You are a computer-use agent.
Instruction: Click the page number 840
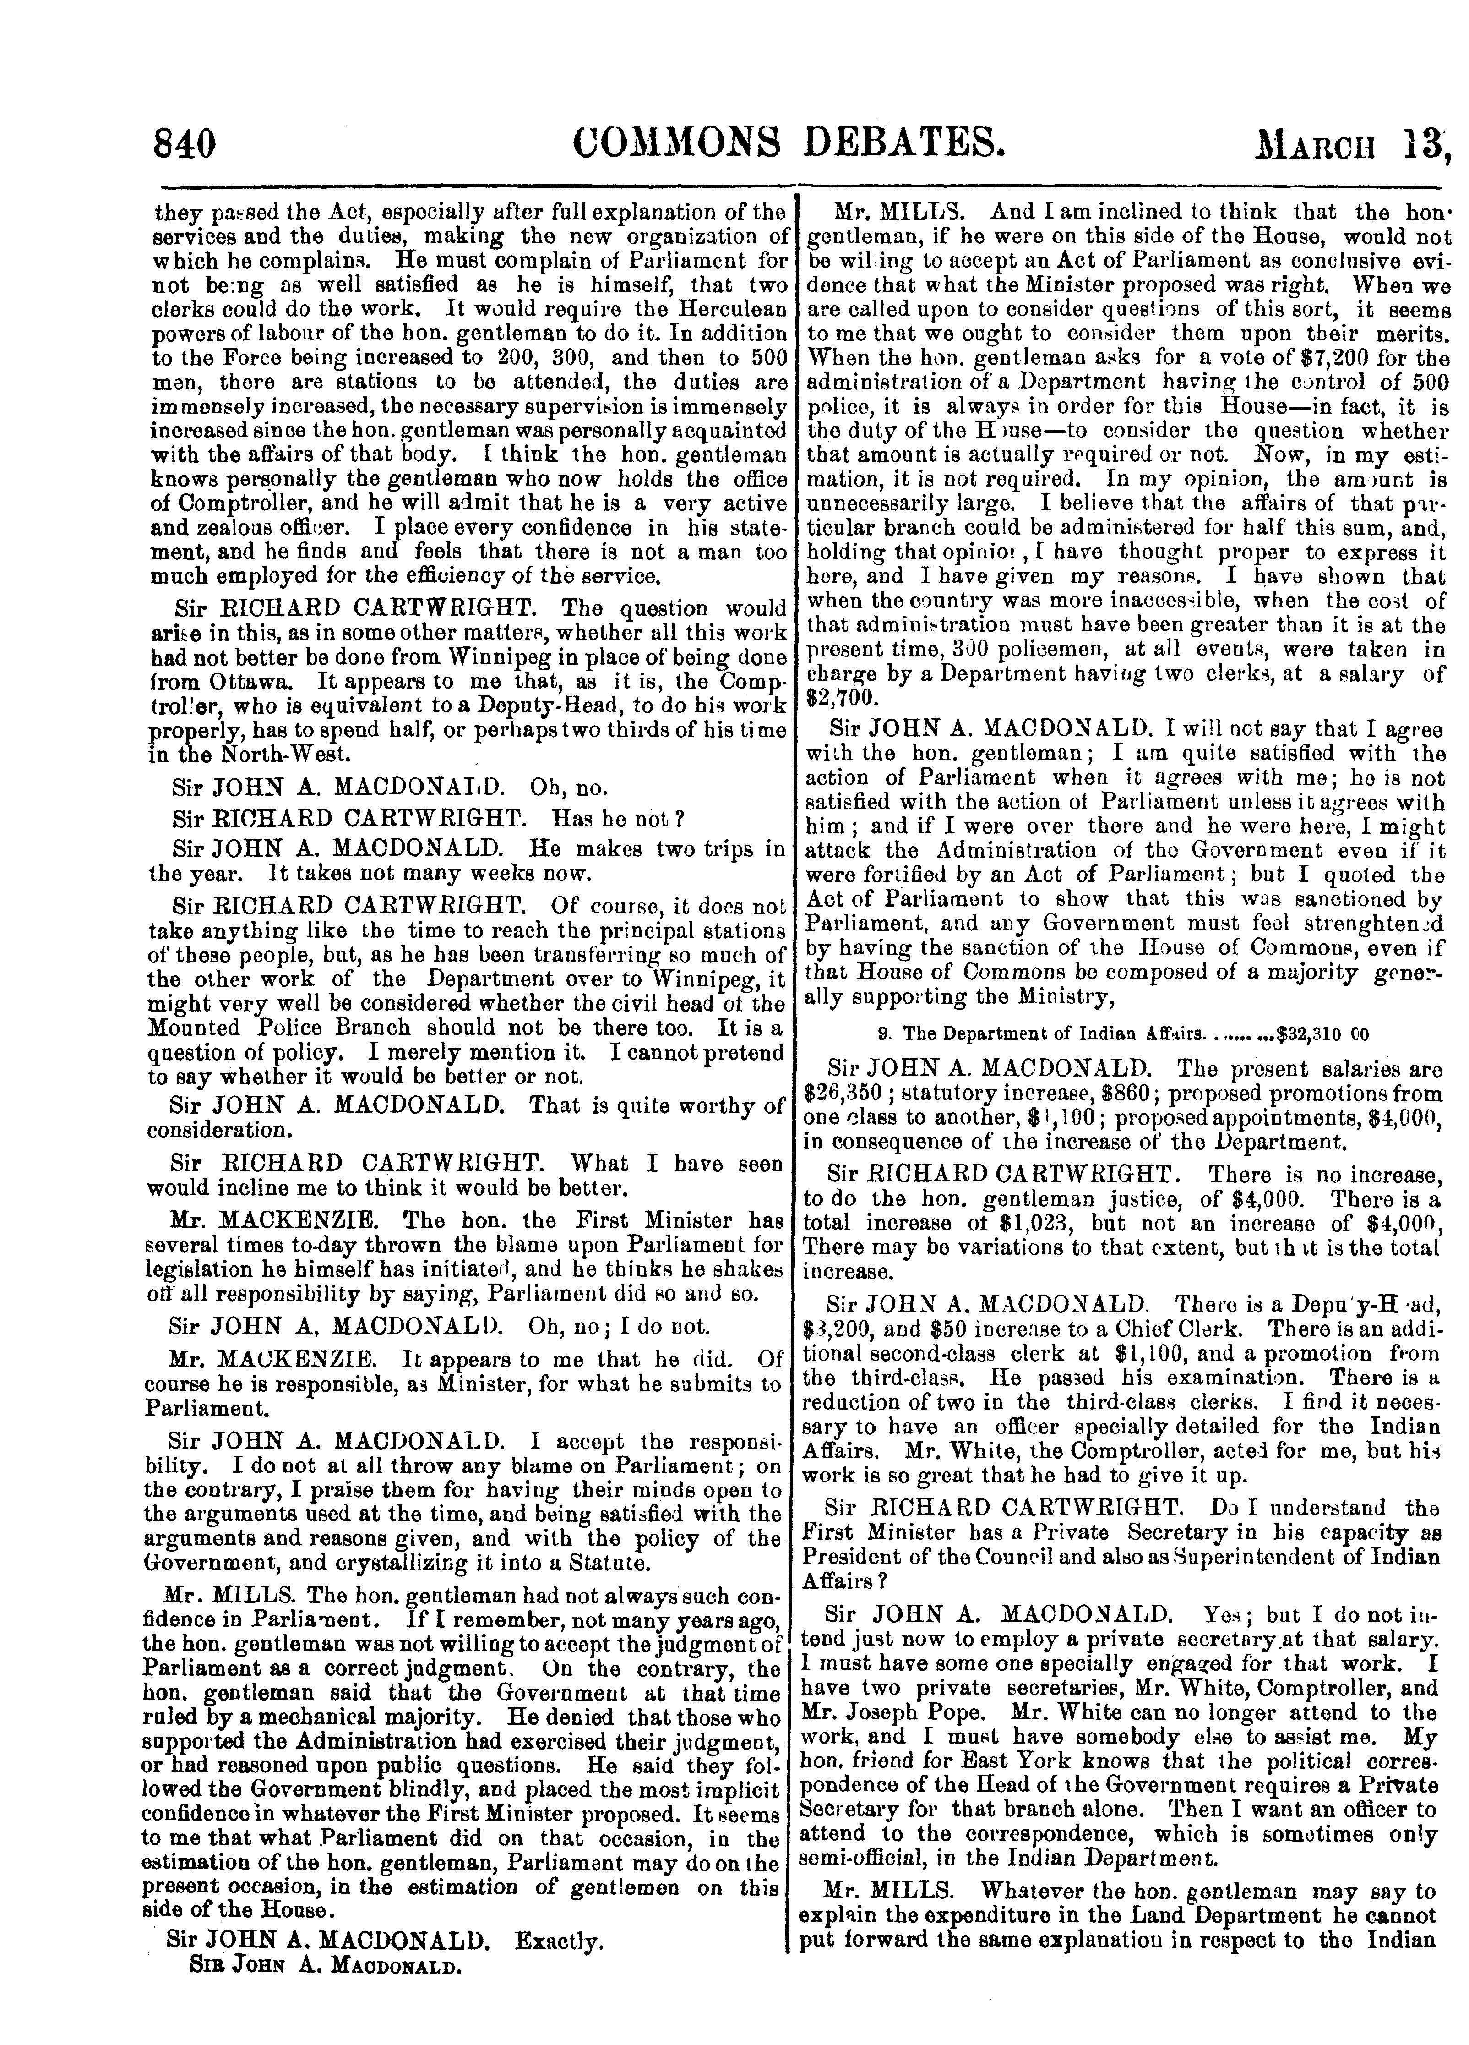pyautogui.click(x=185, y=144)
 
